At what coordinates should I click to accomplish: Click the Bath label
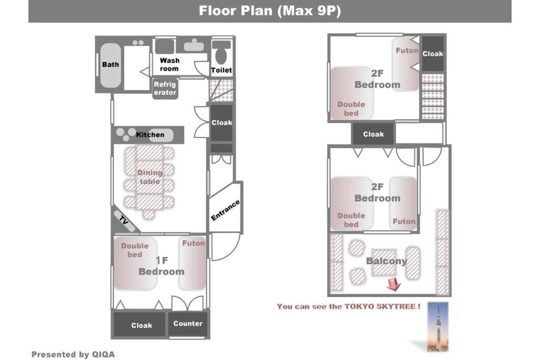pos(110,64)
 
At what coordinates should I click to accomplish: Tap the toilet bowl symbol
pos(221,53)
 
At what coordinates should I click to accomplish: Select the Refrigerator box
pos(165,89)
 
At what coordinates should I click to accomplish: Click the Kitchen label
pos(150,134)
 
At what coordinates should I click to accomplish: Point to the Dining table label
pos(149,177)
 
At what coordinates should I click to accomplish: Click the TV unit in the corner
pos(124,220)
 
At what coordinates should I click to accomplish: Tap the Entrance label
pos(225,210)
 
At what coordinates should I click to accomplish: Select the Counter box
pos(188,324)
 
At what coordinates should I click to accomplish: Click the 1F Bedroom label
pos(161,266)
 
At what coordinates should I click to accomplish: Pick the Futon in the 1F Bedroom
pos(192,264)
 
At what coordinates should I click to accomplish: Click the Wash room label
pos(169,64)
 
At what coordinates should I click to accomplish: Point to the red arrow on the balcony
pos(393,285)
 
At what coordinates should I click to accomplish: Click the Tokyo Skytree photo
pos(438,327)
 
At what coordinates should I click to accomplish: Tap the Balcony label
pos(387,261)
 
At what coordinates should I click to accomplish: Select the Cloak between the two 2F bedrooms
pos(373,134)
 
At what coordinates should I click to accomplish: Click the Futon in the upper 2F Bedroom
pos(407,64)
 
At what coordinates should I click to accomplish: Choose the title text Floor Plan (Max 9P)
pos(269,11)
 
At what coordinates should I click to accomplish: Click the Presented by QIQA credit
pos(73,354)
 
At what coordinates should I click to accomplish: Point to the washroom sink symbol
pos(194,45)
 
